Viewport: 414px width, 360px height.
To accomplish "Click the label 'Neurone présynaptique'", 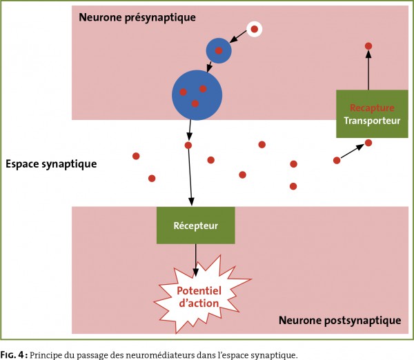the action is (137, 17).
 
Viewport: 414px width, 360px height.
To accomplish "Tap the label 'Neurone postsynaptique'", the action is (339, 321).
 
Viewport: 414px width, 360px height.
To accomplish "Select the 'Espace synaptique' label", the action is (51, 164).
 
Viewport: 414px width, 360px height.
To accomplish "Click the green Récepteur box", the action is (196, 225).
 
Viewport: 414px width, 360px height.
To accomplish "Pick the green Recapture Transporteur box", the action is (372, 114).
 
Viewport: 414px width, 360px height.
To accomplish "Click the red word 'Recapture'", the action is (372, 108).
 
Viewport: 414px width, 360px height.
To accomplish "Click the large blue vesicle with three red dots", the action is (197, 95).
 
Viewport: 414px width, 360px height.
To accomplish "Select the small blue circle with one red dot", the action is (219, 50).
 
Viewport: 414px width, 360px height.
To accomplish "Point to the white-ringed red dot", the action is (254, 29).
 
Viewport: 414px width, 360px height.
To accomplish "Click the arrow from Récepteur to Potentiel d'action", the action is (196, 260).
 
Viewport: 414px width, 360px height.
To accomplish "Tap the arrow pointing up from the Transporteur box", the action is (368, 70).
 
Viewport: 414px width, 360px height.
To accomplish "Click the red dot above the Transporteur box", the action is (368, 46).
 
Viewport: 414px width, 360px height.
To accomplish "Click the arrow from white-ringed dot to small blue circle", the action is (238, 37).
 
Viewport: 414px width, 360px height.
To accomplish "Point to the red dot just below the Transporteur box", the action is (368, 143).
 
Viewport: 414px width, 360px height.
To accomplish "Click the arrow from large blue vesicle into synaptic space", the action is (190, 130).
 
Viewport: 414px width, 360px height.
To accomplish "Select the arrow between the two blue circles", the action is (210, 67).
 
